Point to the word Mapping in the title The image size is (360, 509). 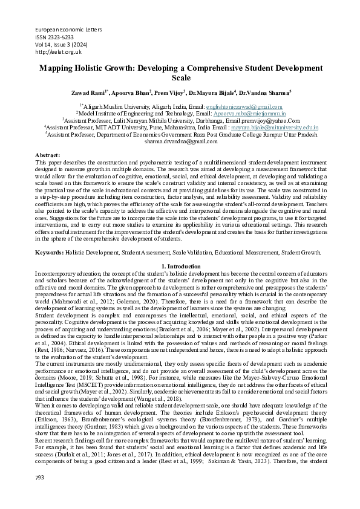[x=56, y=68]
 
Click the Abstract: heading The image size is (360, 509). [x=48, y=155]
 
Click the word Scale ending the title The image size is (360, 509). [x=181, y=78]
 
